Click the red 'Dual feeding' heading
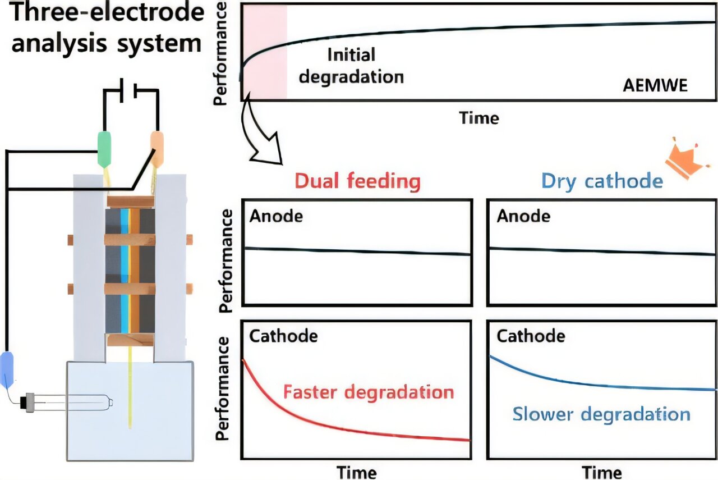(357, 181)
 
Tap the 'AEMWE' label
(655, 86)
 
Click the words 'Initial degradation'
(351, 65)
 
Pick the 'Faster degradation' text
(369, 391)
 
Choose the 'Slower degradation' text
(601, 415)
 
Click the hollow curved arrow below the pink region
(260, 135)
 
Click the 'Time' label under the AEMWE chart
(478, 118)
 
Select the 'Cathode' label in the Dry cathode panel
(531, 336)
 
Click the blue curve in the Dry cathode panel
(561, 378)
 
